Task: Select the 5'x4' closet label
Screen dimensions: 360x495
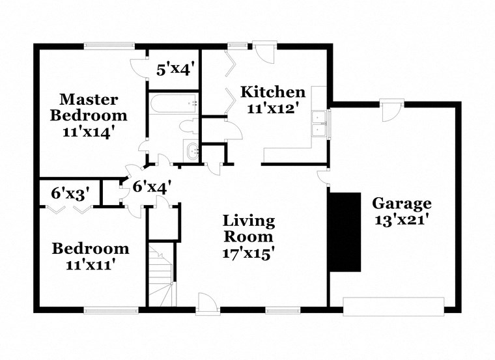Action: (174, 68)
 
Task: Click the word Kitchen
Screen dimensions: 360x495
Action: (272, 92)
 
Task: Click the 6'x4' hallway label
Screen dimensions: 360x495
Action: (152, 187)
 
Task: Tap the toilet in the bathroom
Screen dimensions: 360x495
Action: (189, 126)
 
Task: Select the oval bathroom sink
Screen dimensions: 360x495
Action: (193, 151)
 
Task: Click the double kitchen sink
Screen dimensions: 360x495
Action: (320, 124)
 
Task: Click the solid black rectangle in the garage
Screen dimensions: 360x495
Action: (344, 232)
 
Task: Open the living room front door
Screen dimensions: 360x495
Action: (206, 304)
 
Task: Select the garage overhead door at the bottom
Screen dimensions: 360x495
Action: (393, 307)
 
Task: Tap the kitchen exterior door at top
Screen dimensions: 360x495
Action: (265, 52)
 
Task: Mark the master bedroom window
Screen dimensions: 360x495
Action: (109, 45)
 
